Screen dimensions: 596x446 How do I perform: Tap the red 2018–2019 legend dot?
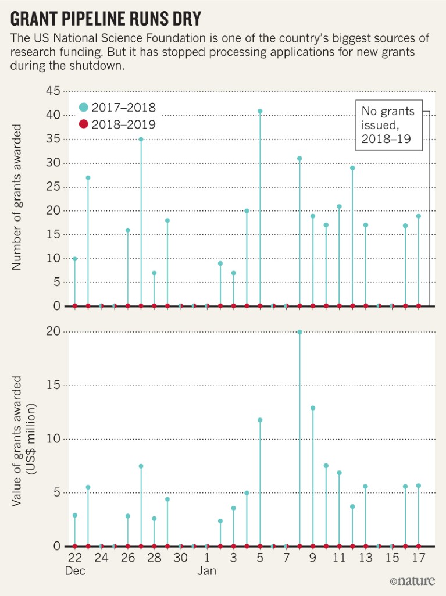point(83,124)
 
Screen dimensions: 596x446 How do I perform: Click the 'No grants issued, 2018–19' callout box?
point(389,124)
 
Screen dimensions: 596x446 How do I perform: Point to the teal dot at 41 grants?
point(260,111)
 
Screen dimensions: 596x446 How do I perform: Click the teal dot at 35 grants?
point(141,140)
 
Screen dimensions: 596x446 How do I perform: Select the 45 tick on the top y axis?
point(53,92)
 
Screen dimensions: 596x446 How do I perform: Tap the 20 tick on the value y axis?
point(53,332)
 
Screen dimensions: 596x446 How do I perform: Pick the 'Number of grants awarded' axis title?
point(17,196)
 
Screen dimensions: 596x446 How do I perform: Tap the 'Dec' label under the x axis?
point(75,571)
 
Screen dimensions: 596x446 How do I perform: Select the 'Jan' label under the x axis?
point(206,571)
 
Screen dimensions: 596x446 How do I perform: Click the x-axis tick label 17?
point(418,558)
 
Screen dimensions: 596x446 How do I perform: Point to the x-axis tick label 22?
point(74,558)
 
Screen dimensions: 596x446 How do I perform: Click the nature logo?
point(412,581)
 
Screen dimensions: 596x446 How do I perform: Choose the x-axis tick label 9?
point(313,558)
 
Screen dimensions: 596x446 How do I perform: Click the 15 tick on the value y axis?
point(53,386)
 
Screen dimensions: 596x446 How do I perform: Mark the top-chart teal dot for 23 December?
point(88,178)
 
